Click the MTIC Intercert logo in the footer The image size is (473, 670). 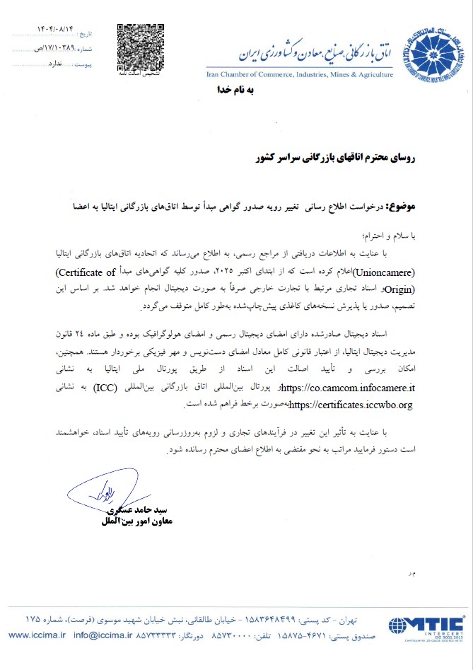pyautogui.click(x=425, y=627)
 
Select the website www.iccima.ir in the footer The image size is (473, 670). pyautogui.click(x=37, y=635)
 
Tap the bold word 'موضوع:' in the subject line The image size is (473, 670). pyautogui.click(x=402, y=206)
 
